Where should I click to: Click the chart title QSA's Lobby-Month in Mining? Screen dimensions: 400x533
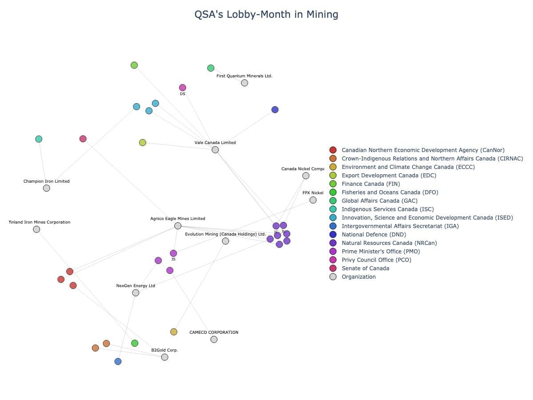pyautogui.click(x=266, y=15)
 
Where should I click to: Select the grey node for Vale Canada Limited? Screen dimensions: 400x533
pyautogui.click(x=215, y=150)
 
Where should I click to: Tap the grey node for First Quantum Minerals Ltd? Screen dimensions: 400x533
pyautogui.click(x=244, y=83)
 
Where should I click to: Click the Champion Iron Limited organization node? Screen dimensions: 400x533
pyautogui.click(x=47, y=188)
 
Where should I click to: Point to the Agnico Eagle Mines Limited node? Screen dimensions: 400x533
pyautogui.click(x=178, y=226)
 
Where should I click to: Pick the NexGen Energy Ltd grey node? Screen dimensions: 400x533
pyautogui.click(x=135, y=293)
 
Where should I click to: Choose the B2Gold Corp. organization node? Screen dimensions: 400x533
pyautogui.click(x=165, y=357)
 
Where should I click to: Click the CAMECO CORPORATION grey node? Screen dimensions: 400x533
pyautogui.click(x=214, y=340)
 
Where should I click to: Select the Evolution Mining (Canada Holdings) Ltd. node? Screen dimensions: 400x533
pyautogui.click(x=226, y=241)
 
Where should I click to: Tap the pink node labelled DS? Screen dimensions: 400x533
pyautogui.click(x=183, y=88)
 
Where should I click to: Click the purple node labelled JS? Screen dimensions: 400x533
pyautogui.click(x=173, y=253)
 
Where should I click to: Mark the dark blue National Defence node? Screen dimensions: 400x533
pyautogui.click(x=275, y=110)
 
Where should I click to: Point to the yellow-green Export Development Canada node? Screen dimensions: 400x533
pyautogui.click(x=143, y=143)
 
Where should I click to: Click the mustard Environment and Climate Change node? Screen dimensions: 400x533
pyautogui.click(x=174, y=332)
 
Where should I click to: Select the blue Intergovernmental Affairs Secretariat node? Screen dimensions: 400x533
pyautogui.click(x=118, y=362)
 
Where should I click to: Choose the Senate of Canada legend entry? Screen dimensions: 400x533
pyautogui.click(x=365, y=268)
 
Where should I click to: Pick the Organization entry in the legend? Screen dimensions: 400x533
pyautogui.click(x=358, y=277)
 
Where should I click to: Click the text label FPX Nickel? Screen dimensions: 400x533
pyautogui.click(x=313, y=193)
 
